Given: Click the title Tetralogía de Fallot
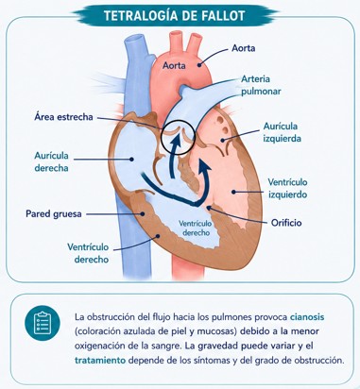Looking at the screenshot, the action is pos(175,16).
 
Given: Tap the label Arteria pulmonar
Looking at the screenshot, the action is pos(261,85).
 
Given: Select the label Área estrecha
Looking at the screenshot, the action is pos(63,117).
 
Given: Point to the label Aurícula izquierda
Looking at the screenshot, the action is pos(282,132).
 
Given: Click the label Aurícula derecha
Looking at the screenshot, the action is pos(51,161).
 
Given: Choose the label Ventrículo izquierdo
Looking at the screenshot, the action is pos(287,188).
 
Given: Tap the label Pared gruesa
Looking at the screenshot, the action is pos(54,214).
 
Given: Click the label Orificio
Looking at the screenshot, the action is pos(286,223).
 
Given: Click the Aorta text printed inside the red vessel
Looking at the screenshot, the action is pos(174,66).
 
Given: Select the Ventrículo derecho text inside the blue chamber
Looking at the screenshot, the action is pos(196,228).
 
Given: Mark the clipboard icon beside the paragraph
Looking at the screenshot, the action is pos(43,323).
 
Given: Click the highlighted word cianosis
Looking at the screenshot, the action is pos(307,317).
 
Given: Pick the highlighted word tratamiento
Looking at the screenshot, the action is pos(100,361).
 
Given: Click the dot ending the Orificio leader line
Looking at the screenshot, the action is pos(208,208).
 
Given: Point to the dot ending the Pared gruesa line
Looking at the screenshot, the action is pos(143,213).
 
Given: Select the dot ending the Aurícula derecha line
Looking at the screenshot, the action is pos(131,160).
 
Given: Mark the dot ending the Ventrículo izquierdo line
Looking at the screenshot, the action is pos(233,191).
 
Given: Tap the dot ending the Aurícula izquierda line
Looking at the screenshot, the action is pos(223,140).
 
